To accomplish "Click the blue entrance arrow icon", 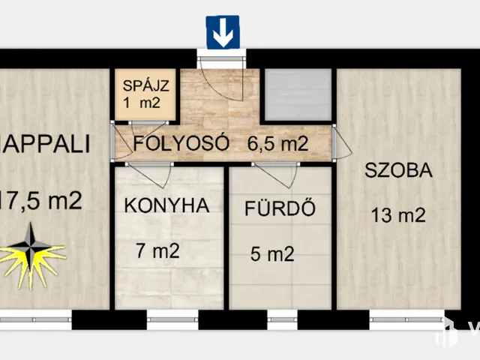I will point(223,32).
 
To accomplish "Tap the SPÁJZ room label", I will point(147,83).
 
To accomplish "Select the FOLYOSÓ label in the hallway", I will point(181,142).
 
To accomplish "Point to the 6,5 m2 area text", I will point(277,142).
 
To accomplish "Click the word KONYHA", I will point(166,205).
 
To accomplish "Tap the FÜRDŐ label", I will point(278,208).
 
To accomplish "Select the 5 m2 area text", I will point(271,255).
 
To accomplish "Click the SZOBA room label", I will point(398,169).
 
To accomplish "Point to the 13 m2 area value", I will point(398,216).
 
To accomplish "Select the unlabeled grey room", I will point(298,94).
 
